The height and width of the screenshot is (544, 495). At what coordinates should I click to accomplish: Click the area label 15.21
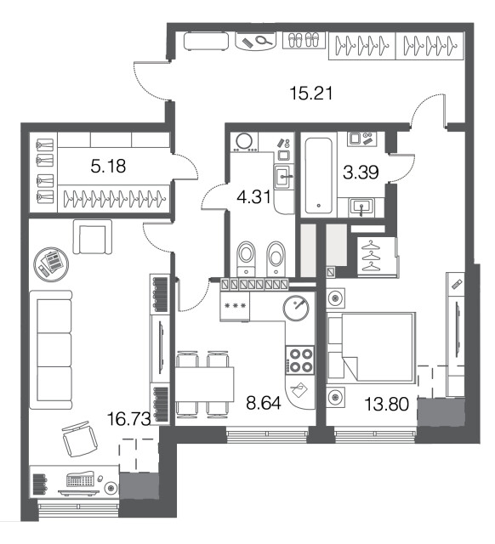311,93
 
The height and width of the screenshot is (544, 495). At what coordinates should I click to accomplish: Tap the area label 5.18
108,167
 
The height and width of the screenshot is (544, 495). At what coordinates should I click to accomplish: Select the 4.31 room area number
253,197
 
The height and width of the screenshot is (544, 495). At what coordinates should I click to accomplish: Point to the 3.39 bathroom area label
361,173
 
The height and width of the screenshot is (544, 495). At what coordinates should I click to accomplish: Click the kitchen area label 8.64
264,403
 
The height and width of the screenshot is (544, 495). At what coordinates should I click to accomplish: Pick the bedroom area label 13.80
387,405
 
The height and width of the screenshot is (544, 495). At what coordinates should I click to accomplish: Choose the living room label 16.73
128,419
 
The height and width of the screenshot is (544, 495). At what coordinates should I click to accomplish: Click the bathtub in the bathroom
318,175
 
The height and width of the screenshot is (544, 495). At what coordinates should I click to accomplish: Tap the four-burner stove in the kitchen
300,360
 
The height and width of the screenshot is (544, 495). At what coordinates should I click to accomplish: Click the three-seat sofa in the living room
51,349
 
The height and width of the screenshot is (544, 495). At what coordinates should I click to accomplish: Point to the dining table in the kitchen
204,384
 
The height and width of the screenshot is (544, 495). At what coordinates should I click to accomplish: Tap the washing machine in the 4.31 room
245,142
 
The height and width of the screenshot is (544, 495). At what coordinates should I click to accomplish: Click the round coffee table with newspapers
51,264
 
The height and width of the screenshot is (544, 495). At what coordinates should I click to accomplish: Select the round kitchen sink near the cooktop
296,308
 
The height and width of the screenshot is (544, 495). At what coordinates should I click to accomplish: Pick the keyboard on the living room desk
81,479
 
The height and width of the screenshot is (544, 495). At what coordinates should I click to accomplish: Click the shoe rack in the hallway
304,40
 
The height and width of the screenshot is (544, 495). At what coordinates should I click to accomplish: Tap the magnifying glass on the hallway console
265,41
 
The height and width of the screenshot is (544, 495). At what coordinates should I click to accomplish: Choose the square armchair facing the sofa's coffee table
93,236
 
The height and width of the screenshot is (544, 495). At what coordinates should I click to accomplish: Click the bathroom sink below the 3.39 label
361,207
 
